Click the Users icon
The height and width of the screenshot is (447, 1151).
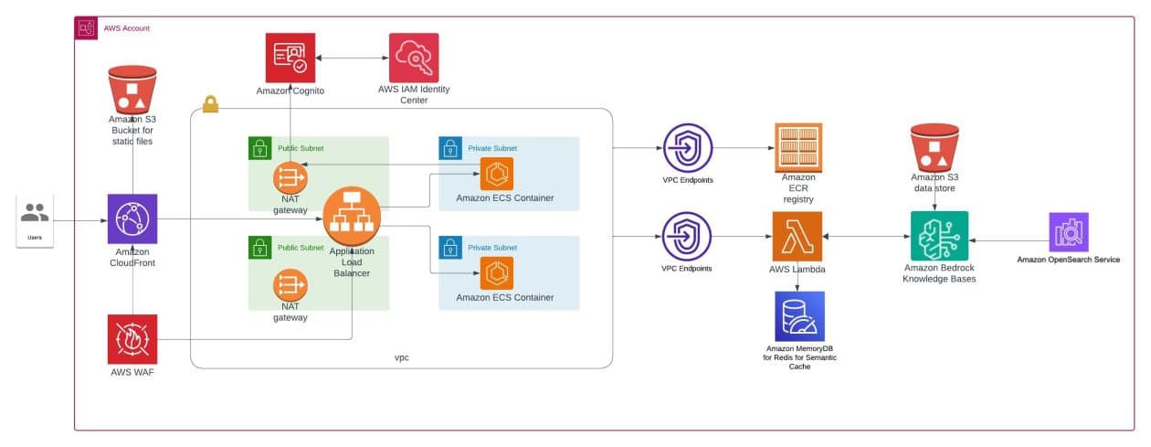[x=35, y=214]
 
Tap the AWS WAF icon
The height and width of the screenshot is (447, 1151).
[x=132, y=339]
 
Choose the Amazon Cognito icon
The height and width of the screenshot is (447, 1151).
[x=290, y=58]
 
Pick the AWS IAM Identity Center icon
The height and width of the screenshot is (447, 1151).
[x=413, y=58]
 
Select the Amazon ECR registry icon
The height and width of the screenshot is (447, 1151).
[x=797, y=147]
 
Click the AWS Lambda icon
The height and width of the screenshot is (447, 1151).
[x=797, y=237]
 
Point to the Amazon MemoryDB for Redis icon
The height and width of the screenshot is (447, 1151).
[x=799, y=316]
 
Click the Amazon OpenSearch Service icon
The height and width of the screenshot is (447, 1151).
[x=1069, y=233]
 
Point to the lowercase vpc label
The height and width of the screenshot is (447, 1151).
[x=400, y=357]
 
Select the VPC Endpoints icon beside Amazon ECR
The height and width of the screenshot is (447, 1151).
[x=687, y=147]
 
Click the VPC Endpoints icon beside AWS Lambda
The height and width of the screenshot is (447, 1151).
[x=687, y=237]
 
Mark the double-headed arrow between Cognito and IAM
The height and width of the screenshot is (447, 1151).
[x=352, y=59]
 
